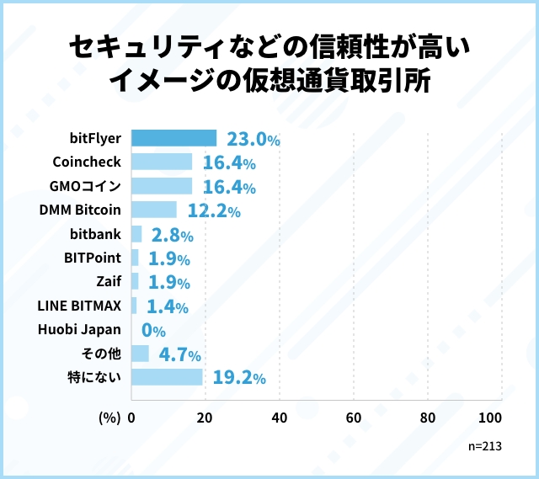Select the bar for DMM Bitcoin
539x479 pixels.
tap(154, 210)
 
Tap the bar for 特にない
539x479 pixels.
tap(167, 376)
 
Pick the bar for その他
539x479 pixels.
tap(140, 353)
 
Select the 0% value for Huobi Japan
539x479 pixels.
tap(153, 330)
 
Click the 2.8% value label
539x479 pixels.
tap(173, 234)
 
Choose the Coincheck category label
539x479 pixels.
tap(87, 162)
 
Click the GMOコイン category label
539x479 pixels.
tap(85, 186)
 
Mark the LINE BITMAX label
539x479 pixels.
tap(80, 306)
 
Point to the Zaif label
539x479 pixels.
tap(109, 281)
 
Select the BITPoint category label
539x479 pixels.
tap(93, 258)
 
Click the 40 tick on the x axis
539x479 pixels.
tap(280, 418)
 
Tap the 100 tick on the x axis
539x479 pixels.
tap(489, 418)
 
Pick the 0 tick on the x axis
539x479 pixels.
tap(131, 418)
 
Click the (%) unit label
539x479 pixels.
tap(109, 418)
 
